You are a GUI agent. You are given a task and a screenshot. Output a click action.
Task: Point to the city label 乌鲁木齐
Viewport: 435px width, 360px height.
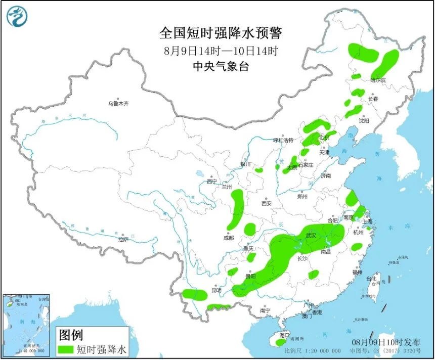(x=118, y=104)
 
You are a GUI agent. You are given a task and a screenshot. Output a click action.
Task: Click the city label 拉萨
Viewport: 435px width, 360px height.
(x=122, y=239)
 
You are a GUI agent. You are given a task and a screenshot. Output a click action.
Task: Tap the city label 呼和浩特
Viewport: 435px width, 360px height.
(x=283, y=140)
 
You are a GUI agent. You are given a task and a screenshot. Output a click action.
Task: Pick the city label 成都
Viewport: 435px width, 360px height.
(x=228, y=238)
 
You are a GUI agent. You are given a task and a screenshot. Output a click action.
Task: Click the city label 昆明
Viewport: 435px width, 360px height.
(x=216, y=290)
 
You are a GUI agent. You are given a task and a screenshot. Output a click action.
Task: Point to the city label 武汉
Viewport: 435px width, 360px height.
(x=311, y=236)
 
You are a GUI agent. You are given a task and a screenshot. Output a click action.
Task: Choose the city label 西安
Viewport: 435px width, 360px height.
(x=267, y=203)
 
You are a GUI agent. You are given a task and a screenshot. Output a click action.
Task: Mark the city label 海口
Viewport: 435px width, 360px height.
(x=284, y=335)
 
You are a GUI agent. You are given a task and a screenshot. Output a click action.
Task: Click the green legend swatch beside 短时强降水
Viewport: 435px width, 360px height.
(x=65, y=349)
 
